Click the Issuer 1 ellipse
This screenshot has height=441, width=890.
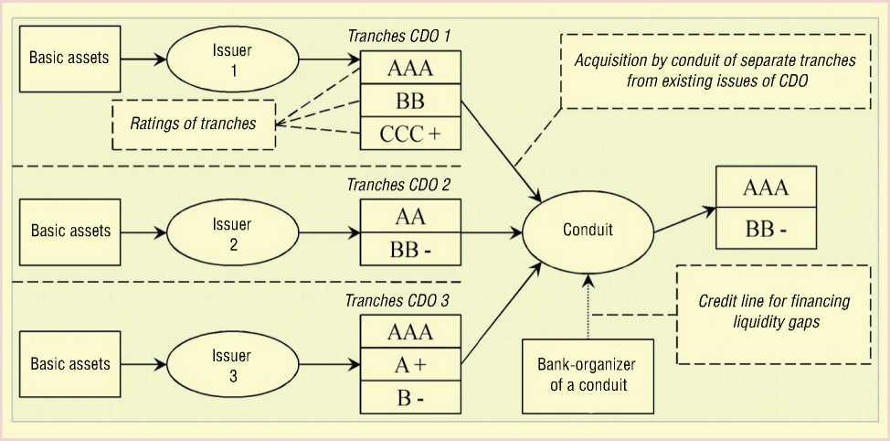coord(231,59)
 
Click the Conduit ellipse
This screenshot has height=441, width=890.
coord(587,229)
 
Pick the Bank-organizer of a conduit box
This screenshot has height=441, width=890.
coord(588,374)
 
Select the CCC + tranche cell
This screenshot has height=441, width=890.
coord(409,134)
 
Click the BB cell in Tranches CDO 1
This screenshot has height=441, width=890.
coord(409,100)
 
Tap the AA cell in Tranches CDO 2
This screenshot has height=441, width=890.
coord(409,217)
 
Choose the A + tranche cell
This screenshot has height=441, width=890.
coord(409,363)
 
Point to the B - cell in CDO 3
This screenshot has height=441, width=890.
coord(409,398)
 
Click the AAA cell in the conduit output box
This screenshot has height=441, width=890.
coord(765,189)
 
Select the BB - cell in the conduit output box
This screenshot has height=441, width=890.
coord(765,229)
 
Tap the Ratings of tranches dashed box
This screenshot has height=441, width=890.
coord(192,124)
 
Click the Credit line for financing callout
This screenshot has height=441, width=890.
coord(773,313)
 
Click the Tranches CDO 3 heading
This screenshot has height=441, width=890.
coord(397,299)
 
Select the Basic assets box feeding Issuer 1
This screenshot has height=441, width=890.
coord(69,59)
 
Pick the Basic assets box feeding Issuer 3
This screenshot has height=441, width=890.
coord(70,363)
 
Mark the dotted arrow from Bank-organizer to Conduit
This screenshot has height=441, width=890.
coord(588,306)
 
